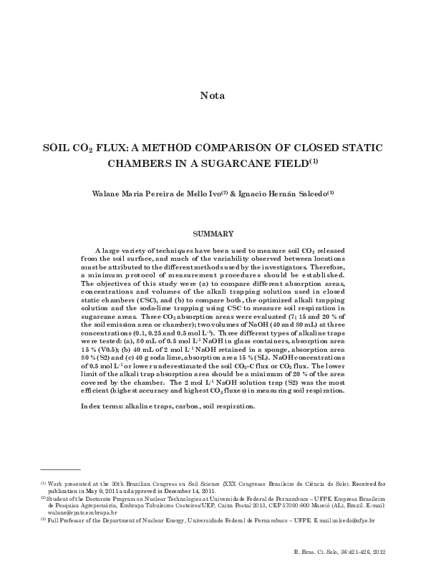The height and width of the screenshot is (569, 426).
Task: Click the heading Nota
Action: tap(213, 95)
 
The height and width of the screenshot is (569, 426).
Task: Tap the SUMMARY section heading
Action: tap(213, 234)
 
